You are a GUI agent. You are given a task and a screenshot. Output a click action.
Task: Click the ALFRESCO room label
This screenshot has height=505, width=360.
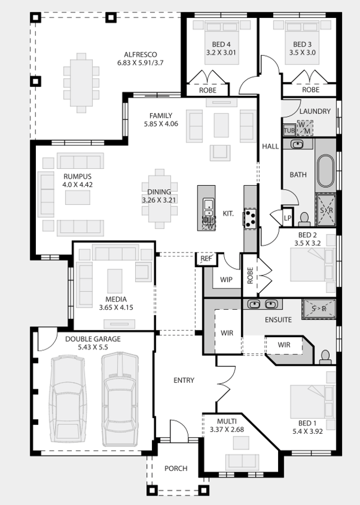pos(140,54)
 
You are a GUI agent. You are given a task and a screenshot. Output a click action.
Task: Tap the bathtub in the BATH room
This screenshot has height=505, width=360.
pos(326,171)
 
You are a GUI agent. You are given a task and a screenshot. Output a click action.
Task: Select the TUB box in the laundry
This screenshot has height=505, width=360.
pos(289,130)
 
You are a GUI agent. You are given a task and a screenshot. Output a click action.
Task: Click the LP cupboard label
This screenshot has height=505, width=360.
pos(288,218)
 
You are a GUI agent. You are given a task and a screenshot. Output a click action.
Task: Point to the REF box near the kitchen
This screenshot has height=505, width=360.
pos(206,259)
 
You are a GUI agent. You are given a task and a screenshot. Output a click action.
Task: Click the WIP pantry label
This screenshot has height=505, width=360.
pos(226,279)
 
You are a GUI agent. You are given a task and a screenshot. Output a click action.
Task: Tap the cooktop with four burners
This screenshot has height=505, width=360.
pos(250,218)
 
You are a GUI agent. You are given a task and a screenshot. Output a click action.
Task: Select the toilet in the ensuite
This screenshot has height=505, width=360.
pos(325,357)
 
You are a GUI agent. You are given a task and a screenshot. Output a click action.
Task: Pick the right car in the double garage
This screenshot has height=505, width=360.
pos(119,399)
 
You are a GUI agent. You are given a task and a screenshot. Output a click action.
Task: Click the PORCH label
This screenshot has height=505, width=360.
pos(176,469)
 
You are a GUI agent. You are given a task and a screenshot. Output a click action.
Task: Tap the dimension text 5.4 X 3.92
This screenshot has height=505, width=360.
pos(307,431)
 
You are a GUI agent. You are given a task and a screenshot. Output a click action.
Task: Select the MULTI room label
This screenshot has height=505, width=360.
pos(227,421)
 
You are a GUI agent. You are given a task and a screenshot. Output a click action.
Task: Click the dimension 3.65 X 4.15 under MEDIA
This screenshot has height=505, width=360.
pos(116,307)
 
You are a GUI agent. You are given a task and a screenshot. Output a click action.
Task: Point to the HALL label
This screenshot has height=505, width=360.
pos(270,146)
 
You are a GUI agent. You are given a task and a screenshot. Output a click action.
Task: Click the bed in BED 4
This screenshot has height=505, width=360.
pos(221,43)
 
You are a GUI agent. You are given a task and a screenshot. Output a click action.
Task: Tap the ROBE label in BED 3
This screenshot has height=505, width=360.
pos(311,90)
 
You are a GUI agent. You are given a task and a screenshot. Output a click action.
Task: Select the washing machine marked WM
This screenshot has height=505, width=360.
pos(304,128)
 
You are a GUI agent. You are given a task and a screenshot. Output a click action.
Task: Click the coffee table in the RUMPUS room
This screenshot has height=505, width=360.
pos(77,198)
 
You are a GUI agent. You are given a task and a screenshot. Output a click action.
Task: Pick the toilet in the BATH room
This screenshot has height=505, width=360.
pos(304,219)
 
